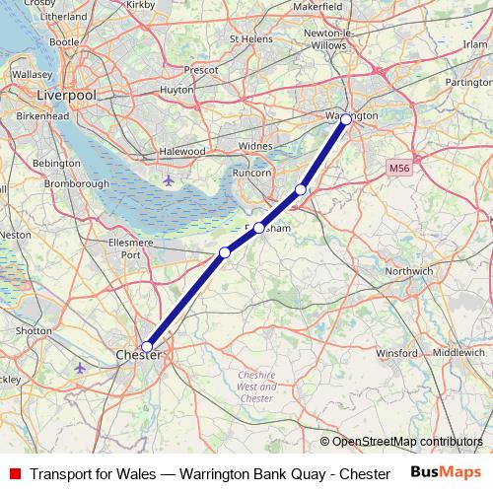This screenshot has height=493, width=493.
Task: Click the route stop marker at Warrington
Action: [x=346, y=119]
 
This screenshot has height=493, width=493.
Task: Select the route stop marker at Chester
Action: [x=147, y=347]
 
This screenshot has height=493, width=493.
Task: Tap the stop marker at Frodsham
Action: [x=259, y=228]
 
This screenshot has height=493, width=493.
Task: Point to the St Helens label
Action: [x=248, y=38]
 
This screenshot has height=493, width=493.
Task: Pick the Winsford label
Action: [x=397, y=351]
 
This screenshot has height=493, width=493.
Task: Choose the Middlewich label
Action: [x=458, y=351]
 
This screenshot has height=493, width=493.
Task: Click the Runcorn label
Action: [x=251, y=173]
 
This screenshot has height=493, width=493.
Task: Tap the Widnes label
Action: [x=255, y=145]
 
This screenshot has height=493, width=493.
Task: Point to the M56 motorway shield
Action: [x=398, y=169]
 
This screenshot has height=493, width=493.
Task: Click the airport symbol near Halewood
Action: [x=169, y=180]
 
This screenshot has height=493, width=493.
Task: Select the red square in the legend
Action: [x=15, y=473]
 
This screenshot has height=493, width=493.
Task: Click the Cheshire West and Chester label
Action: [x=256, y=386]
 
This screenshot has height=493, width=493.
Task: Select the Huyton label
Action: [x=177, y=89]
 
